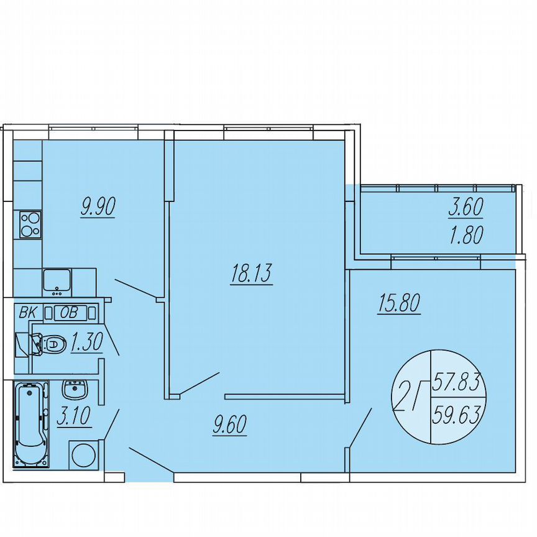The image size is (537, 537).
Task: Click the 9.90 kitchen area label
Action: tap(98, 206)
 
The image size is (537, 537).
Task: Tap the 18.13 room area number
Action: tap(251, 273)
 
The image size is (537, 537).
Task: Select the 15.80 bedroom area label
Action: tap(399, 303)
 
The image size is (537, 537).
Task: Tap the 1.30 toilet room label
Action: tap(86, 343)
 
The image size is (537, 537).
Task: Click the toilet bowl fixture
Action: tap(50, 343)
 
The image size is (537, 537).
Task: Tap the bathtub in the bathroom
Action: tap(30, 425)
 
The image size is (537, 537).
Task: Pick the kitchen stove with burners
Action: tap(30, 224)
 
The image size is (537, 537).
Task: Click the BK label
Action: tap(27, 313)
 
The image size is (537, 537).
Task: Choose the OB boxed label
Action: tap(69, 313)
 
